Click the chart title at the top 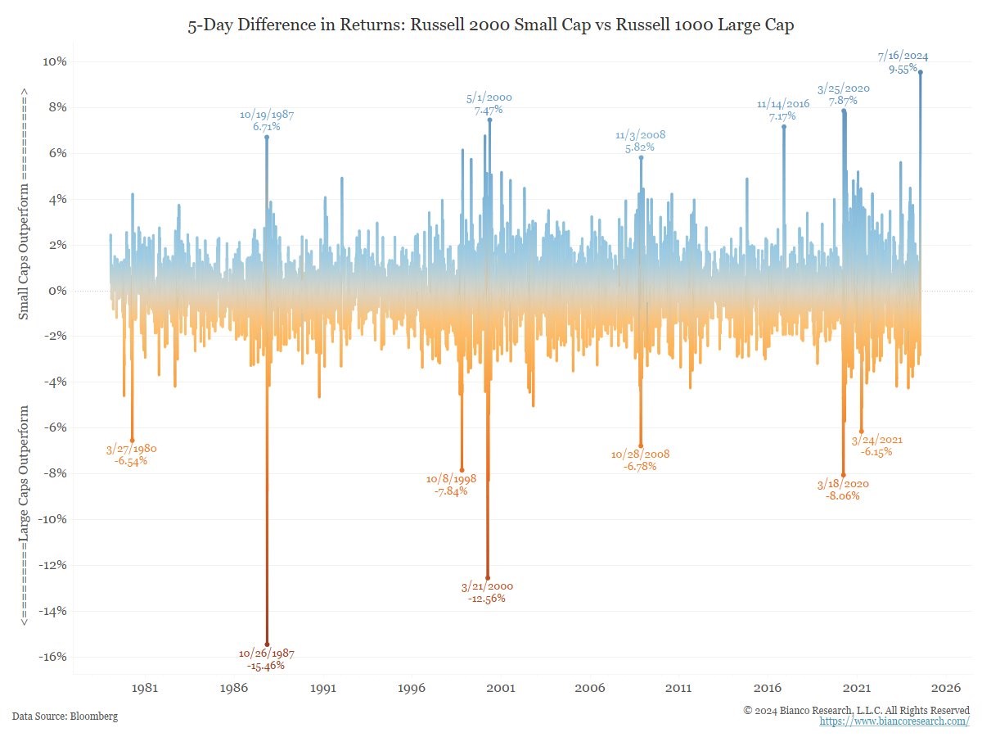click(491, 26)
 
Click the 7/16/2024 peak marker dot click(921, 72)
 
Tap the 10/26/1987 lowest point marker click(267, 644)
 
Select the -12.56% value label click(487, 599)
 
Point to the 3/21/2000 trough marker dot click(488, 578)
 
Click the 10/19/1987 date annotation click(267, 115)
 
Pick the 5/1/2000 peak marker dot click(489, 120)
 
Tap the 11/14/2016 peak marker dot click(783, 126)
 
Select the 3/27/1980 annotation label click(132, 450)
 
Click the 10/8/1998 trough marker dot click(462, 470)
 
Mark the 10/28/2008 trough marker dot click(641, 446)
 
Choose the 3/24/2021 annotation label click(881, 440)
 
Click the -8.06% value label click(842, 495)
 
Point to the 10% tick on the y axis click(55, 62)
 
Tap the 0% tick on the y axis click(57, 291)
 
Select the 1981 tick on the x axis click(145, 688)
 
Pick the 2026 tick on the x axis click(946, 688)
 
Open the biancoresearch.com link click(894, 721)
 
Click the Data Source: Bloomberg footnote click(65, 717)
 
